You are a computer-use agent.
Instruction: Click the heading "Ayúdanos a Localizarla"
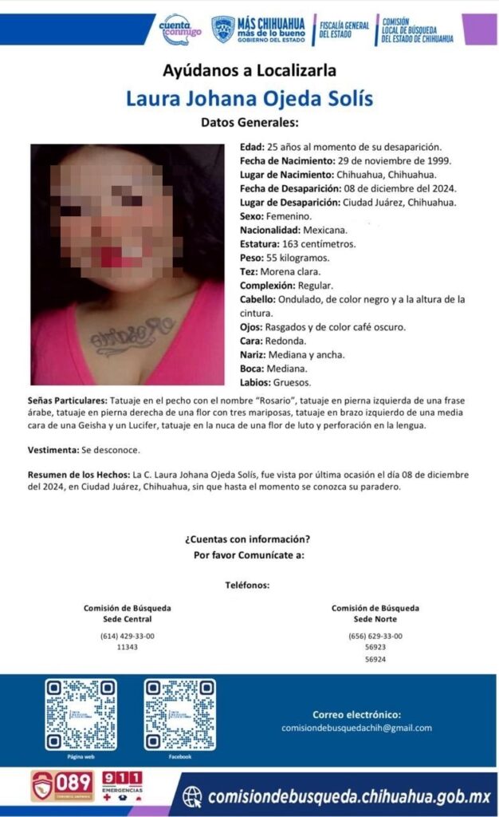point(249,70)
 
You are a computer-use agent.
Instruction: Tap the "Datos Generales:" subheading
point(249,124)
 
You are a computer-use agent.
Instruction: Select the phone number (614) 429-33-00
point(128,636)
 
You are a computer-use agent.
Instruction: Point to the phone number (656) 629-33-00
point(375,636)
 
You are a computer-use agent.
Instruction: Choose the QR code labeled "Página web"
point(80,714)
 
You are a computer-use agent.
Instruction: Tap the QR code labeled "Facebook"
point(179,714)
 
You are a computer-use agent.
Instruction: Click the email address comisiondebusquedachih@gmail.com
point(356,728)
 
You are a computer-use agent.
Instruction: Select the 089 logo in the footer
point(61,787)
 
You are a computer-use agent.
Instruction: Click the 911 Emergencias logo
point(123,787)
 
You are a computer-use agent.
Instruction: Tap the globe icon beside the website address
point(192,797)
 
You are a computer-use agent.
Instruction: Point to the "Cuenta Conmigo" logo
point(181,30)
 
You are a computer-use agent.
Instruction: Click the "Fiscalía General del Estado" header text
point(343,30)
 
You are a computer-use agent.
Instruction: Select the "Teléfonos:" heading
point(248,585)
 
